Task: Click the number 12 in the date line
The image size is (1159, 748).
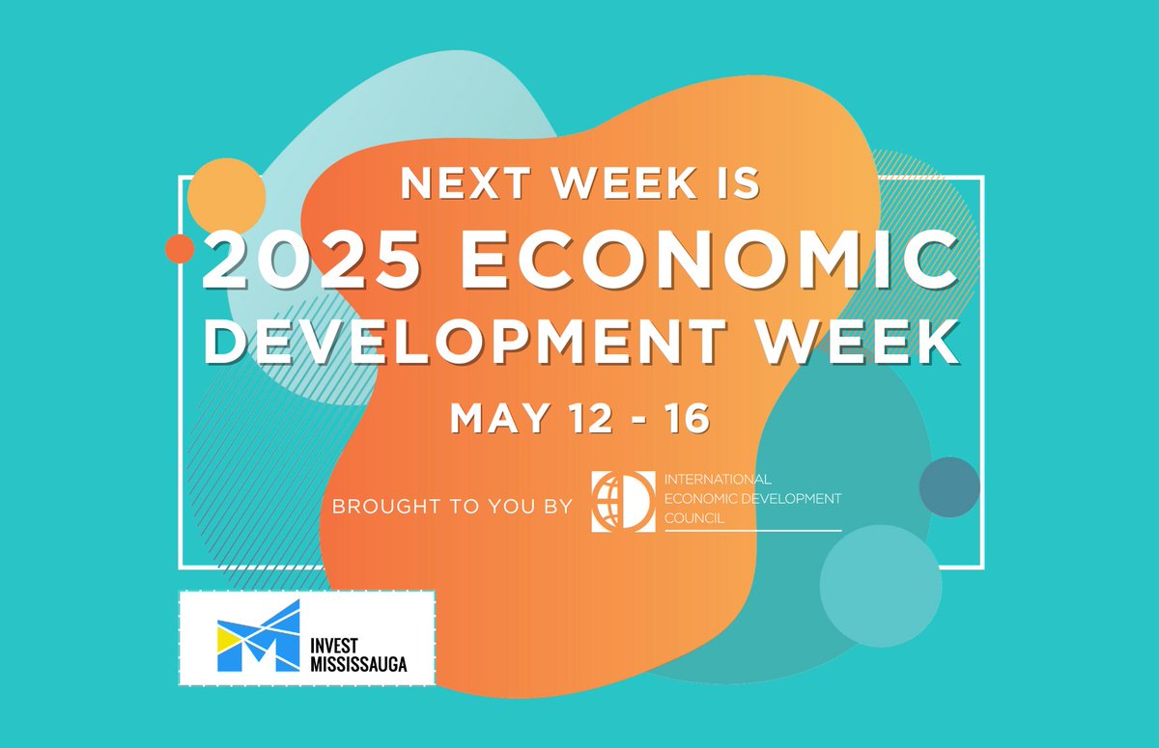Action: tap(585, 419)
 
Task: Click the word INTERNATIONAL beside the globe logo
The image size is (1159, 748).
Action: tap(718, 479)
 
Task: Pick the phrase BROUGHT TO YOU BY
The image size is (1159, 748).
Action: tap(452, 505)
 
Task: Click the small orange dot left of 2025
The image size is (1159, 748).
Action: tap(180, 248)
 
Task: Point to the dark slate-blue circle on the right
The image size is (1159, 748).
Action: tap(949, 487)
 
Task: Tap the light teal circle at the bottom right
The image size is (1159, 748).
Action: tap(880, 586)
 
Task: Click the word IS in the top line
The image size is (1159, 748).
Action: tap(738, 183)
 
